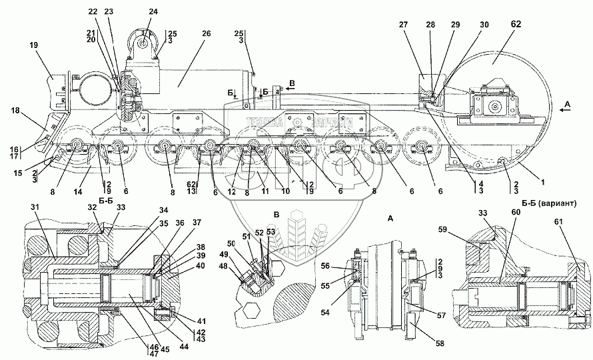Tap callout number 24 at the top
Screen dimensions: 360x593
click(x=154, y=12)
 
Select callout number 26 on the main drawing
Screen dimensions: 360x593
click(x=206, y=34)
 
